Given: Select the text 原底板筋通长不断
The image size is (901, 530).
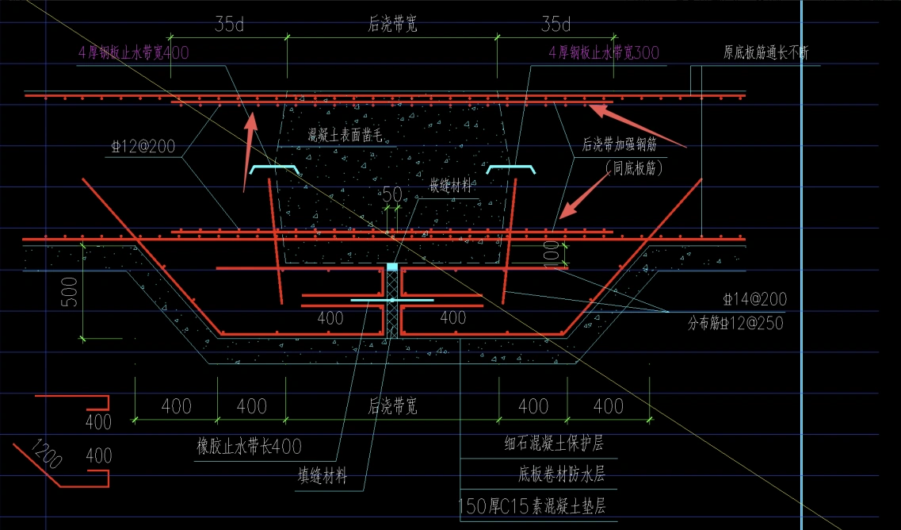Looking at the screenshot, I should pyautogui.click(x=765, y=53).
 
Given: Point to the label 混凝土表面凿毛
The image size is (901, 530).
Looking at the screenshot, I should pyautogui.click(x=346, y=135).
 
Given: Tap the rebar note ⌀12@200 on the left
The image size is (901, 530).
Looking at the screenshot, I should pyautogui.click(x=144, y=148).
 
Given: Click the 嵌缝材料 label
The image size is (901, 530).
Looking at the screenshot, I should pyautogui.click(x=452, y=186).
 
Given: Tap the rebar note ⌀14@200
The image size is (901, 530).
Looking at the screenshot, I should pyautogui.click(x=754, y=300).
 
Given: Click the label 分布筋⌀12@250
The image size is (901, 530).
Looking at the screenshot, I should pyautogui.click(x=735, y=323).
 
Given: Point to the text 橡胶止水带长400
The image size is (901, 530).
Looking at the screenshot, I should pyautogui.click(x=249, y=446).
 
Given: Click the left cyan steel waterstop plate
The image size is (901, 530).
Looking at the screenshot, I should pyautogui.click(x=275, y=169).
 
